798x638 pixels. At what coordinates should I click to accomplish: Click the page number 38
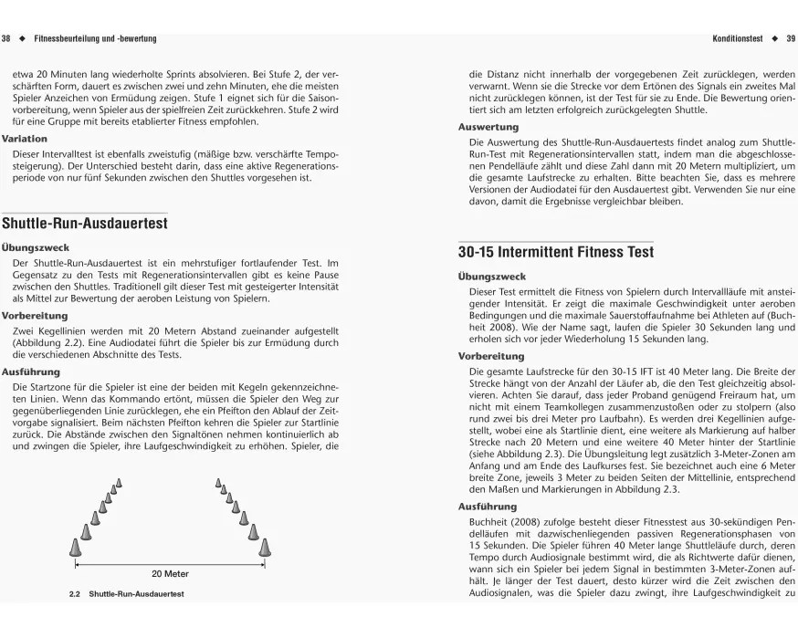(x=6, y=39)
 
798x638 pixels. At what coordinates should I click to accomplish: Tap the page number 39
(x=791, y=39)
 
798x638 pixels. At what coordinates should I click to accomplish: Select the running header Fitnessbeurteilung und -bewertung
(x=95, y=39)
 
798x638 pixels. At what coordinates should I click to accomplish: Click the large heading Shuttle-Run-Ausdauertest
(x=85, y=223)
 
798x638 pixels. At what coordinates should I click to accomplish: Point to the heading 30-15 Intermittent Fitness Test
(x=556, y=252)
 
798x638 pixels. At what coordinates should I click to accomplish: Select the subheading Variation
(x=26, y=139)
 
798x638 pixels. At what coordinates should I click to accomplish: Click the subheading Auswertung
(x=488, y=127)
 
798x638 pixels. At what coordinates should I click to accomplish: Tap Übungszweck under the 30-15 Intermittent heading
(x=491, y=277)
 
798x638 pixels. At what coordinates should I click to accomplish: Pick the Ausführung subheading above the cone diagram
(x=30, y=372)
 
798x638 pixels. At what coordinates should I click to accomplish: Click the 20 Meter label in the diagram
(x=170, y=574)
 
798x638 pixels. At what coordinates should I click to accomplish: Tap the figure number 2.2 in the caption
(x=76, y=595)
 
